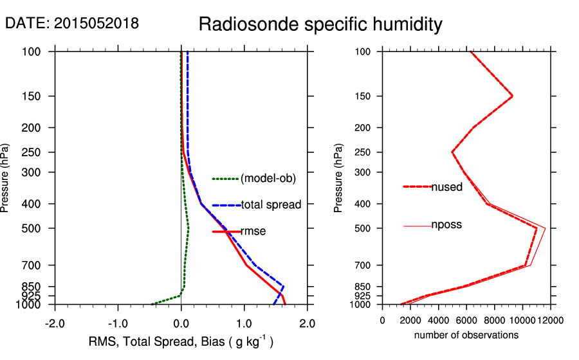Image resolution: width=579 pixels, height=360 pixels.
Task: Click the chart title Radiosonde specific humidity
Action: pyautogui.click(x=320, y=24)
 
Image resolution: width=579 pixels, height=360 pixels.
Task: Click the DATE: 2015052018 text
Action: pyautogui.click(x=71, y=23)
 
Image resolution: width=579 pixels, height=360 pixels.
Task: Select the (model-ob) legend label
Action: pyautogui.click(x=268, y=179)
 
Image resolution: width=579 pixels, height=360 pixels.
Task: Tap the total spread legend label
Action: pyautogui.click(x=271, y=205)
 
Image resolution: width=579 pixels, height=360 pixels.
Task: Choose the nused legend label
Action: pyautogui.click(x=446, y=187)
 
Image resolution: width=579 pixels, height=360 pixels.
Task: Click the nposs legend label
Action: pyautogui.click(x=446, y=225)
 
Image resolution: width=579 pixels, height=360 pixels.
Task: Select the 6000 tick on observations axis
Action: pyautogui.click(x=466, y=320)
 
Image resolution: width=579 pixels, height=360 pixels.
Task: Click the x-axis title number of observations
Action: pyautogui.click(x=466, y=335)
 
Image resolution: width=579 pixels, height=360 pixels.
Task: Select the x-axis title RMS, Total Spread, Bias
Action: pyautogui.click(x=181, y=342)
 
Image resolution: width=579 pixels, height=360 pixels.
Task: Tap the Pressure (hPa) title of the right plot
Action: pyautogui.click(x=339, y=177)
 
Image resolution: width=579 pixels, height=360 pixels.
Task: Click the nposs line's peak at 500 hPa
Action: pyautogui.click(x=546, y=228)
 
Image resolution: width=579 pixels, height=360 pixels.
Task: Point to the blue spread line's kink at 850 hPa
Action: pyautogui.click(x=283, y=286)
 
